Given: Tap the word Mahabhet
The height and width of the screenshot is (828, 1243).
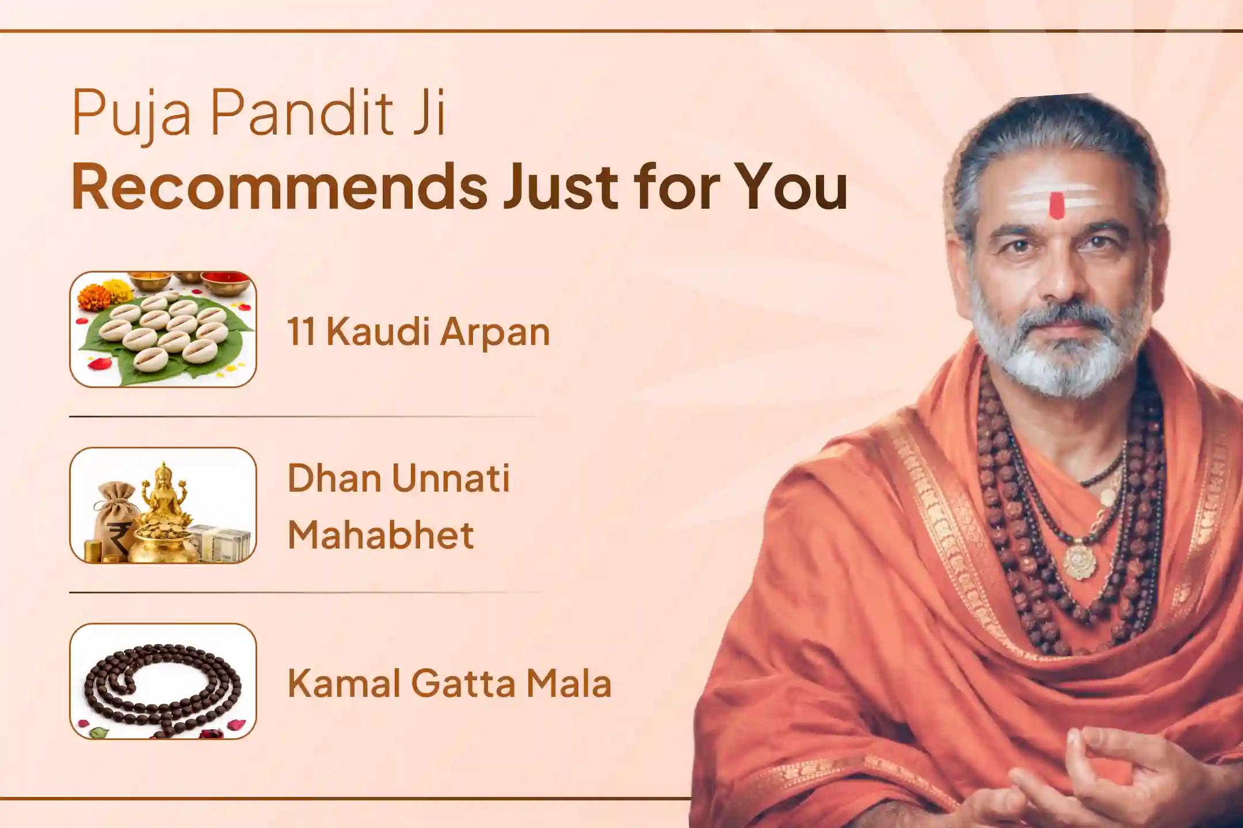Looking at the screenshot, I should point(380,535).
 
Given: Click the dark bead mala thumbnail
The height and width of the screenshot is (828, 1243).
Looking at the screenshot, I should point(163,681).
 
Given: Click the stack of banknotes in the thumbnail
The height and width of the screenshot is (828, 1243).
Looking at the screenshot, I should point(222,543).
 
